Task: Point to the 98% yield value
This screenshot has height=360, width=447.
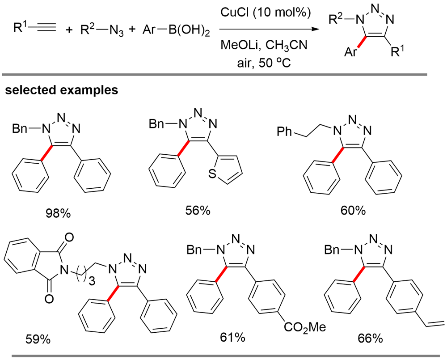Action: click(59, 213)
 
